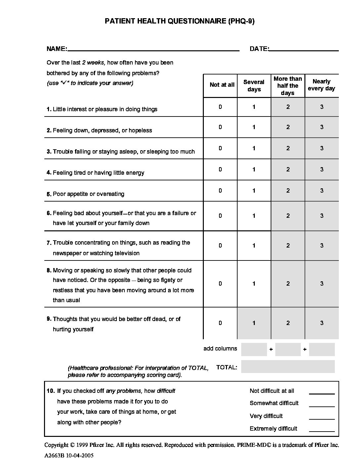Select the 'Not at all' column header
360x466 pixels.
point(222,85)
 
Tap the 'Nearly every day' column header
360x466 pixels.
point(321,85)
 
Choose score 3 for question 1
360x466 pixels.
point(322,107)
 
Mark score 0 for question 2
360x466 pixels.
point(220,127)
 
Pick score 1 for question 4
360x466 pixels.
point(254,169)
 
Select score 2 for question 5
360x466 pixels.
point(288,191)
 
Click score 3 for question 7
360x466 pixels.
point(322,246)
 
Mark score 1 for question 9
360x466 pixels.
point(254,323)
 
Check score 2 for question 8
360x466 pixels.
point(288,284)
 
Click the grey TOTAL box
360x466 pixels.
point(288,367)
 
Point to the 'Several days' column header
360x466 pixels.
point(254,85)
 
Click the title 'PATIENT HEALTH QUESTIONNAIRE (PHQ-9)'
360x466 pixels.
point(180,22)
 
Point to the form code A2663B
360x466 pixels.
point(55,455)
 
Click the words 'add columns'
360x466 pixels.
point(220,349)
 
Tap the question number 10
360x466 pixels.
point(50,391)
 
